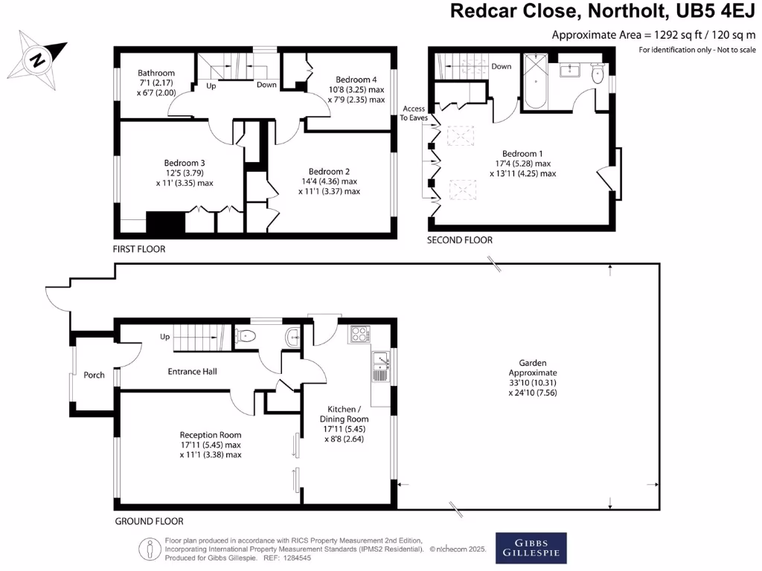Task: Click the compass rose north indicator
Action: (35, 57)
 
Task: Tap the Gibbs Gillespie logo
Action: (531, 548)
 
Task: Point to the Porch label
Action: (94, 375)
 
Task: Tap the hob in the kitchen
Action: (359, 334)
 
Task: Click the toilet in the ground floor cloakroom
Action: (247, 337)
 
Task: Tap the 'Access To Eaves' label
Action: (413, 113)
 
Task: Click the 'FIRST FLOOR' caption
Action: (139, 249)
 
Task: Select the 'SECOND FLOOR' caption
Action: (459, 240)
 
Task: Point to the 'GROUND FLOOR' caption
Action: (149, 521)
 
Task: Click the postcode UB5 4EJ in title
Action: (720, 12)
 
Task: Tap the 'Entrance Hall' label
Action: (192, 371)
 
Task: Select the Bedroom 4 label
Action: (356, 80)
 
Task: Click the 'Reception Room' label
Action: (211, 435)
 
